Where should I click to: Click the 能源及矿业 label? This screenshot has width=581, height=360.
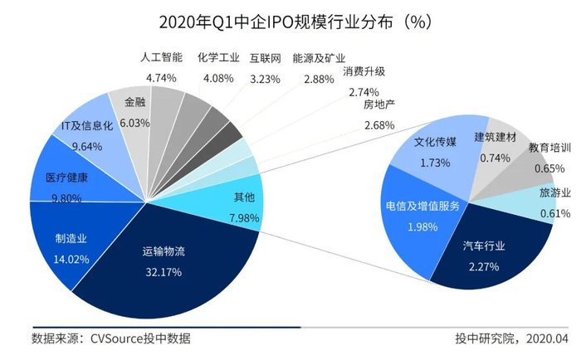tap(320, 59)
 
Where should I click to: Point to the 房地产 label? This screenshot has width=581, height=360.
tap(378, 105)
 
